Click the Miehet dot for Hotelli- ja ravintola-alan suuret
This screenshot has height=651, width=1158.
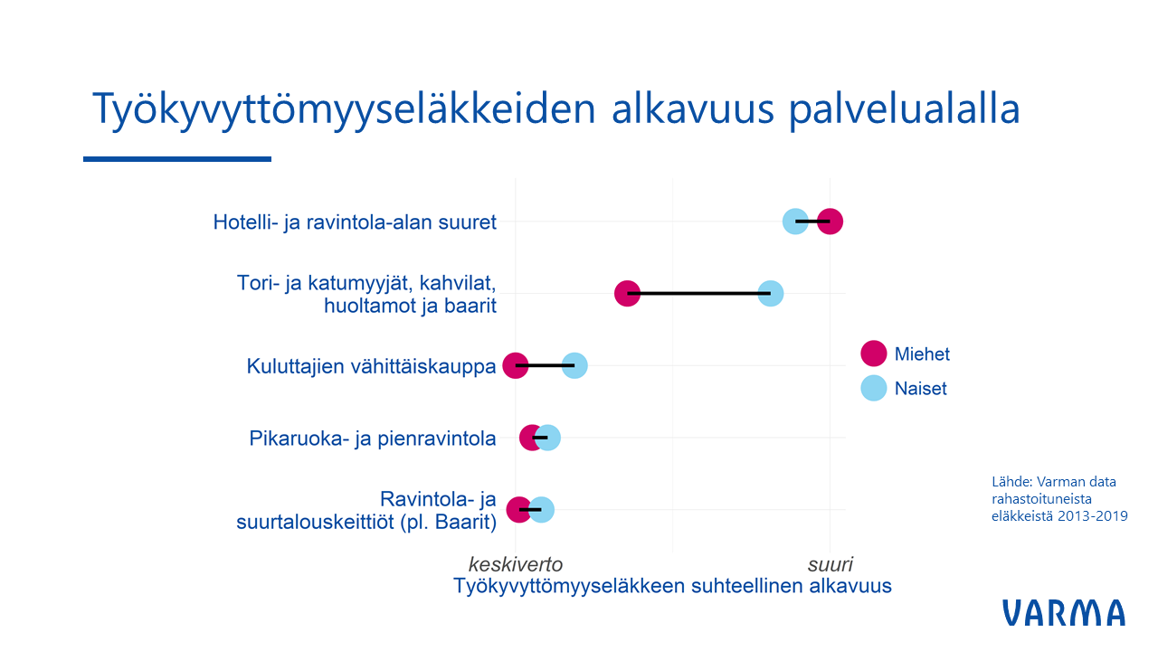click(831, 222)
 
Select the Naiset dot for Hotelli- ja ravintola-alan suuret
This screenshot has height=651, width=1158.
click(795, 222)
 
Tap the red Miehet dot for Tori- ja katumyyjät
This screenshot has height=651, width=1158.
click(627, 294)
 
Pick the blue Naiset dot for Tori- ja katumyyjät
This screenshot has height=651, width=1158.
click(771, 294)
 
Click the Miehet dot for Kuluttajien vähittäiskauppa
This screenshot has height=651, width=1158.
click(516, 365)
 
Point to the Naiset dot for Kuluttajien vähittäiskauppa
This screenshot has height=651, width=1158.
click(574, 365)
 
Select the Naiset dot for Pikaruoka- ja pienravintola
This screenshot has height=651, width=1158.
click(548, 438)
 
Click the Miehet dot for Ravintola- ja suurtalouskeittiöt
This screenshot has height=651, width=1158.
click(519, 509)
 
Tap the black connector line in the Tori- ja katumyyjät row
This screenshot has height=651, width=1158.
click(699, 294)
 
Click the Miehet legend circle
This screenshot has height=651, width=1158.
click(874, 354)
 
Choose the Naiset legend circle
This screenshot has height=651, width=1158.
click(874, 388)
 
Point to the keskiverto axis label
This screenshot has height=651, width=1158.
click(516, 564)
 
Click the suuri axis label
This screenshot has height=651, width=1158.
click(831, 564)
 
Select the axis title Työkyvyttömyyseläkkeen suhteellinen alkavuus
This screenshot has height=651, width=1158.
click(672, 586)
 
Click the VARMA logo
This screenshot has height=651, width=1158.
click(1064, 613)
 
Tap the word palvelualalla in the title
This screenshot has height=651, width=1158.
click(904, 109)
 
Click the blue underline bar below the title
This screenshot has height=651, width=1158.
click(177, 159)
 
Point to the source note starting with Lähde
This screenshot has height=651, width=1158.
click(1059, 498)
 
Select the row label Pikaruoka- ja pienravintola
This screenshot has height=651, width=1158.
click(373, 439)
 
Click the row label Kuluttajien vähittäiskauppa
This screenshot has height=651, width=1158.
click(371, 366)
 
